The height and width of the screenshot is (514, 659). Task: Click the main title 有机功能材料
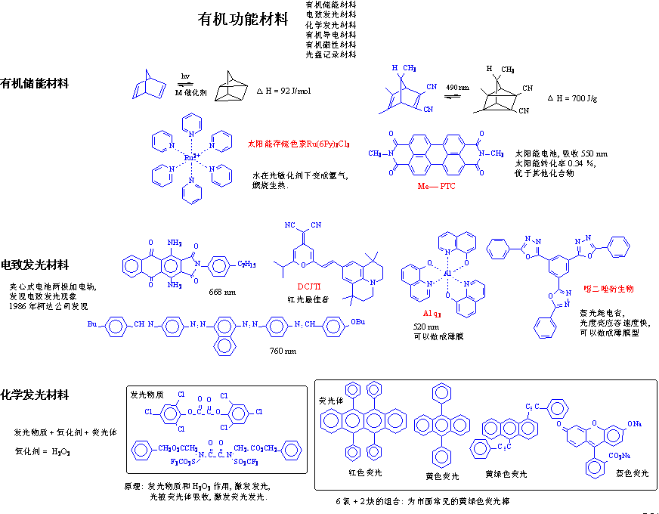coord(243,20)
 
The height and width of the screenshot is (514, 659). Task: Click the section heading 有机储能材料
coord(35,84)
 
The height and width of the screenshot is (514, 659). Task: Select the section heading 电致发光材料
coord(35,265)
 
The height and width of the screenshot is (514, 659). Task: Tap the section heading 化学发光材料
coord(35,395)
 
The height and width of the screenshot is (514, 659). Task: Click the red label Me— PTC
coord(437,185)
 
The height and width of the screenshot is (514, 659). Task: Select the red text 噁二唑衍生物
coord(609,289)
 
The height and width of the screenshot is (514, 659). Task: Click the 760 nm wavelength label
coord(283,351)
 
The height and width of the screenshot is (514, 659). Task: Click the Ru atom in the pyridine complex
coord(192,157)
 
